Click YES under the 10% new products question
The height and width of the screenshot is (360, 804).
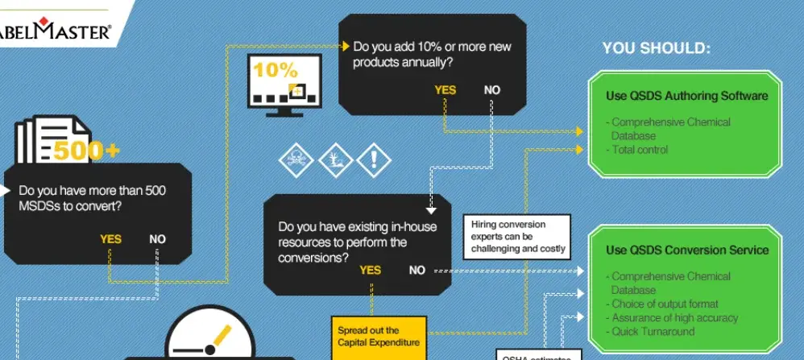click(445, 90)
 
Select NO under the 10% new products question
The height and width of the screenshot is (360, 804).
click(492, 90)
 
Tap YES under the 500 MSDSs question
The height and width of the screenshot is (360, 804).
click(110, 239)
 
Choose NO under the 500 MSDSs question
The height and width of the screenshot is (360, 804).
click(158, 239)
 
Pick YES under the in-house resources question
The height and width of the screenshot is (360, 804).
click(370, 271)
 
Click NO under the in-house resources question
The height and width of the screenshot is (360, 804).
click(417, 271)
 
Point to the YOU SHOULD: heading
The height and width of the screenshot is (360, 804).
click(657, 49)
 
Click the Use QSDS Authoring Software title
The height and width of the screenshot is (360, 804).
click(686, 96)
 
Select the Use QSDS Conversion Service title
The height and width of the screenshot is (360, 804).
click(687, 250)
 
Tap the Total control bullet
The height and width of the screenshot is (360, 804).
click(640, 150)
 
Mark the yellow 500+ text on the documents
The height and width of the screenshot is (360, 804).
click(86, 151)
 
